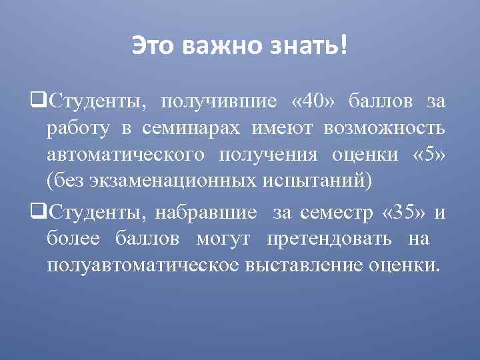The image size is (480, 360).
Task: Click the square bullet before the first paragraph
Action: (38, 101)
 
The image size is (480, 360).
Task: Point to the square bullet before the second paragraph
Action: (38, 213)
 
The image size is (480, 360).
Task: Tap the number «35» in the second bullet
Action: (406, 213)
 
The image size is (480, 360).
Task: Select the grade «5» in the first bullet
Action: (428, 155)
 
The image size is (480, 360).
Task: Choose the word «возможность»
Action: (383, 128)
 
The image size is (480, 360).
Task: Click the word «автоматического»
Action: (126, 155)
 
